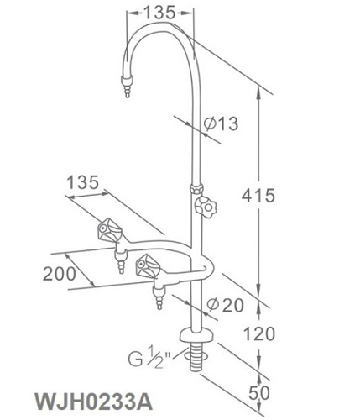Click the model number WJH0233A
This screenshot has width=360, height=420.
(94, 402)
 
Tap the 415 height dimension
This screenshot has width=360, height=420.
(258, 195)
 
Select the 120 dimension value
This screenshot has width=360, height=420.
(259, 333)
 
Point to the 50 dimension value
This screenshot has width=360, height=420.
(259, 392)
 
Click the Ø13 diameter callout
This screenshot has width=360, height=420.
(221, 123)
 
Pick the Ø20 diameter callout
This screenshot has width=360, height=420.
(226, 305)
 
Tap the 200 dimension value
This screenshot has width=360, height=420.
(60, 274)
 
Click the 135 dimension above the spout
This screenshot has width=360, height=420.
(159, 13)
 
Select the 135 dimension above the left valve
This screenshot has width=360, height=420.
(83, 182)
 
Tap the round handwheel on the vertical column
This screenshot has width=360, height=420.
(206, 207)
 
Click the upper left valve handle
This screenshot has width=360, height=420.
(110, 231)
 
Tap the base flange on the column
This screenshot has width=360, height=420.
(196, 335)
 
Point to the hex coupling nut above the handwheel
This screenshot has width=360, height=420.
(196, 188)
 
